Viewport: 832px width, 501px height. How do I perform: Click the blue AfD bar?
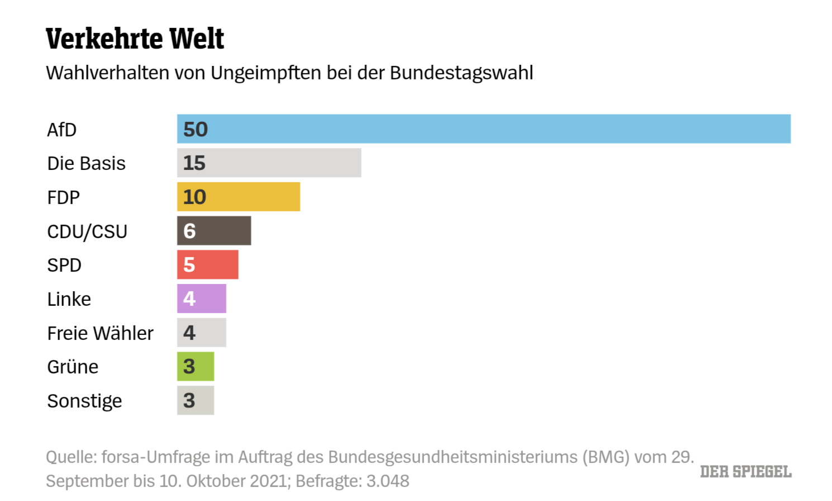(x=484, y=129)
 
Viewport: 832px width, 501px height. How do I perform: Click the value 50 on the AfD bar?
(x=196, y=130)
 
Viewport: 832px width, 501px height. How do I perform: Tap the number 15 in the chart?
(x=194, y=163)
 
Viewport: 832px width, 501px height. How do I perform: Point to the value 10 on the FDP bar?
(x=194, y=197)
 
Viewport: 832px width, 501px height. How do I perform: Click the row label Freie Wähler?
(x=100, y=333)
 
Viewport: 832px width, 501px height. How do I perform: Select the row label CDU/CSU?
(x=87, y=231)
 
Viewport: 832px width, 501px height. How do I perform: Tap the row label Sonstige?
(x=84, y=401)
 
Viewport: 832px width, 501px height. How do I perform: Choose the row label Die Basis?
(x=86, y=163)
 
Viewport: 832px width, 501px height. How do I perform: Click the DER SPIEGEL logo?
(x=745, y=472)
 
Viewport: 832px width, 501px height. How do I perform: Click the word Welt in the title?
(x=197, y=39)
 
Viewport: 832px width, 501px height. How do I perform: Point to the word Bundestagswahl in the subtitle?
(x=462, y=73)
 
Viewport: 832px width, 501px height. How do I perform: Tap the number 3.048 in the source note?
(x=388, y=481)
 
